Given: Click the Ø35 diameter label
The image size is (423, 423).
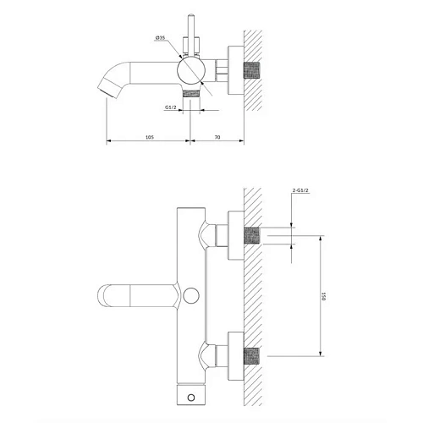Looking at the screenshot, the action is pyautogui.click(x=160, y=38).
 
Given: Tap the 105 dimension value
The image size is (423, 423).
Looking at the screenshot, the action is pyautogui.click(x=150, y=137).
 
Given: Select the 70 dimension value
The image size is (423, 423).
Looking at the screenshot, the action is pyautogui.click(x=217, y=137).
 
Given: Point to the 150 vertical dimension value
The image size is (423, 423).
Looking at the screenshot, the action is pyautogui.click(x=324, y=296).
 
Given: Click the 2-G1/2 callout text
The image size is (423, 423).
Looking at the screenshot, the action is pyautogui.click(x=300, y=190).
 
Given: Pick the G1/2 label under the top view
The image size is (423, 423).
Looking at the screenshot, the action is pyautogui.click(x=171, y=107).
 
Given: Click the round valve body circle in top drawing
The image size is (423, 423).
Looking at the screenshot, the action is pyautogui.click(x=191, y=70).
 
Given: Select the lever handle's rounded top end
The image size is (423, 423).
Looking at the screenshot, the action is pyautogui.click(x=191, y=14).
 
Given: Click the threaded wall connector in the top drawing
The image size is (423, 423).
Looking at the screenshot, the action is pyautogui.click(x=251, y=70).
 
